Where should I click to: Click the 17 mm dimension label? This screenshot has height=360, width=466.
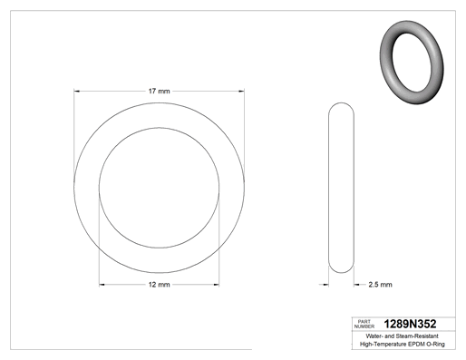(x=159, y=91)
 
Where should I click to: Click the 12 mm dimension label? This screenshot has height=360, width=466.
(x=159, y=285)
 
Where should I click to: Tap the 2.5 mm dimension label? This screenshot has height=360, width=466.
(x=380, y=285)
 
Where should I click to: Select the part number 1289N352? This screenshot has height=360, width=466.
(x=410, y=324)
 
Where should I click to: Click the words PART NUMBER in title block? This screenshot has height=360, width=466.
(x=364, y=324)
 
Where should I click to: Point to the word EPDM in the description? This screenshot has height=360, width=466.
(x=416, y=344)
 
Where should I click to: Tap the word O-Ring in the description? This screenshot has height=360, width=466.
(x=435, y=344)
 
